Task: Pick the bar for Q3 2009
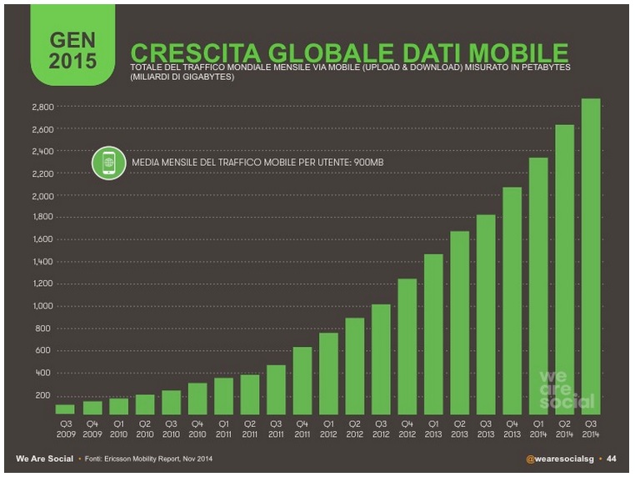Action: click(65, 409)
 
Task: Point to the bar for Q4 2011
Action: click(302, 380)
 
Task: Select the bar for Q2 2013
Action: click(459, 322)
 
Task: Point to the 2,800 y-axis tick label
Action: click(42, 108)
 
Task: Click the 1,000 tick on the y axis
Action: click(42, 306)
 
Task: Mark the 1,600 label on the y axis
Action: click(42, 239)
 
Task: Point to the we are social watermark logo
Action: click(567, 388)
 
